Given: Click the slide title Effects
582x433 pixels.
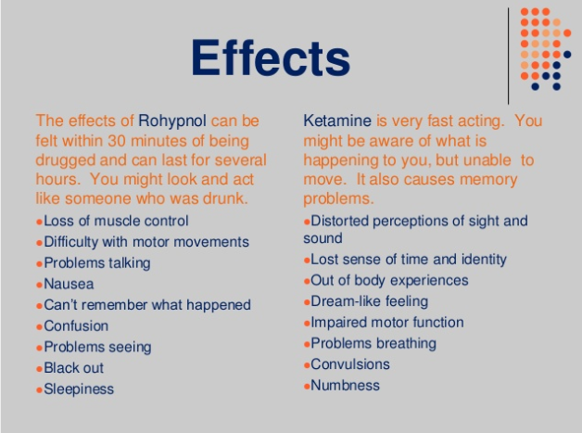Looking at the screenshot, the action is coord(271,57).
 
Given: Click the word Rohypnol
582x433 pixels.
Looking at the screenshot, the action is coord(172,121).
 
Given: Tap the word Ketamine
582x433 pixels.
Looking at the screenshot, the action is coord(337,121).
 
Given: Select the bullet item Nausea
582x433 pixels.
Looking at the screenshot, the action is coord(69,284).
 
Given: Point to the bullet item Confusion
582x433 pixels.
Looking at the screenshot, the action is coord(76,326).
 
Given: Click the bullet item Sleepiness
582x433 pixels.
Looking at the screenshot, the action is coord(79,389).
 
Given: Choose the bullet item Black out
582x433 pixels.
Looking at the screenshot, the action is coord(73,368).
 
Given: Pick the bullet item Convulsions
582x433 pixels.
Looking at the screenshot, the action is coord(350,364).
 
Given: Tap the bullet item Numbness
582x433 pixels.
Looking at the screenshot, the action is coord(345,386).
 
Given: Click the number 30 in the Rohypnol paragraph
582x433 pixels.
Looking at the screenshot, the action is coord(117,141).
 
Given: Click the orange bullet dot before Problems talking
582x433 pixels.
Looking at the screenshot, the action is coord(39,264).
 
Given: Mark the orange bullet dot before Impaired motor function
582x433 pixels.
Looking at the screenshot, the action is coord(307,324).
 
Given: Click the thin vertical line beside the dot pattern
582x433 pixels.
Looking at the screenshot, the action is coord(508,56).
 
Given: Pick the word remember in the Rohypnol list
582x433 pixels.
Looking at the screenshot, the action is coord(114,305).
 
